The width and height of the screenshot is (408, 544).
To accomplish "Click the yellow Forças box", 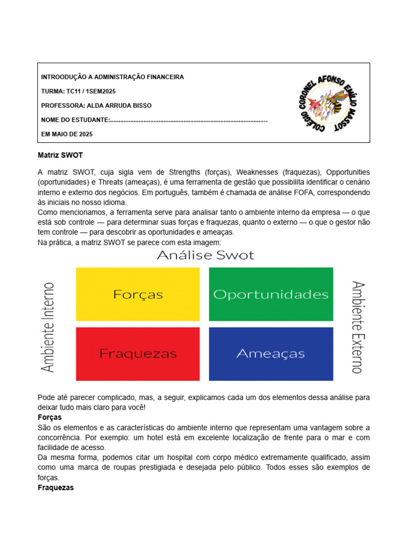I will click(138, 294).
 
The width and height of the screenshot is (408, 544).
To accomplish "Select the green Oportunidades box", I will click(271, 294).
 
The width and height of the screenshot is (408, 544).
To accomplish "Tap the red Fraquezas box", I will click(138, 353).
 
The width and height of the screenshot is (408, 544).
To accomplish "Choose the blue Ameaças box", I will click(271, 353).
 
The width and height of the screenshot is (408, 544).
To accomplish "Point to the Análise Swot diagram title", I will click(206, 256).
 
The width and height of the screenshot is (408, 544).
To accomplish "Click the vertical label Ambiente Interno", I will click(48, 327).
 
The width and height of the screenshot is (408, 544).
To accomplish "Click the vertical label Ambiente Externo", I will click(356, 327).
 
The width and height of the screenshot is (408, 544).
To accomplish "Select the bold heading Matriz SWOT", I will click(61, 156).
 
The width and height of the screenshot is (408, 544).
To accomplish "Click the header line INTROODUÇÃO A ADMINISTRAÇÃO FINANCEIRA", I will click(113, 77).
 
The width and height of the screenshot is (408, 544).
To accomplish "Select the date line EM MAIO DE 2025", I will click(67, 134).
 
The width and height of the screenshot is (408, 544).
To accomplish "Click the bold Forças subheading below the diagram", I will click(50, 418).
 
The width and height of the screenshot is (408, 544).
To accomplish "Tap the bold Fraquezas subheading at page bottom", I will click(56, 488).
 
